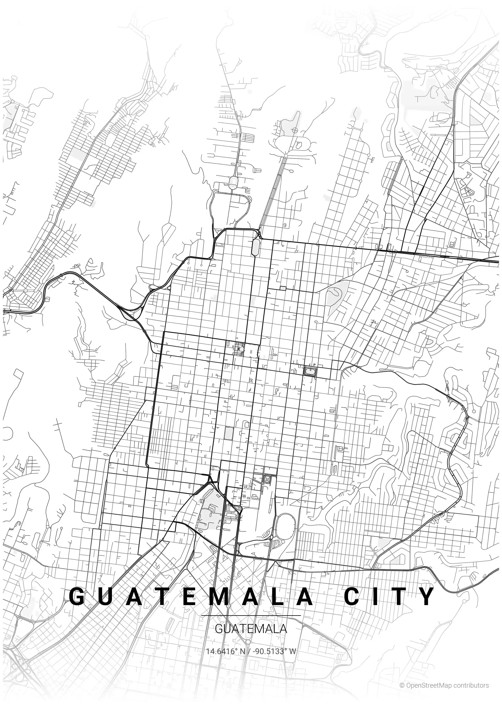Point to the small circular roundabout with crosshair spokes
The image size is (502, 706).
click(295, 130)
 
